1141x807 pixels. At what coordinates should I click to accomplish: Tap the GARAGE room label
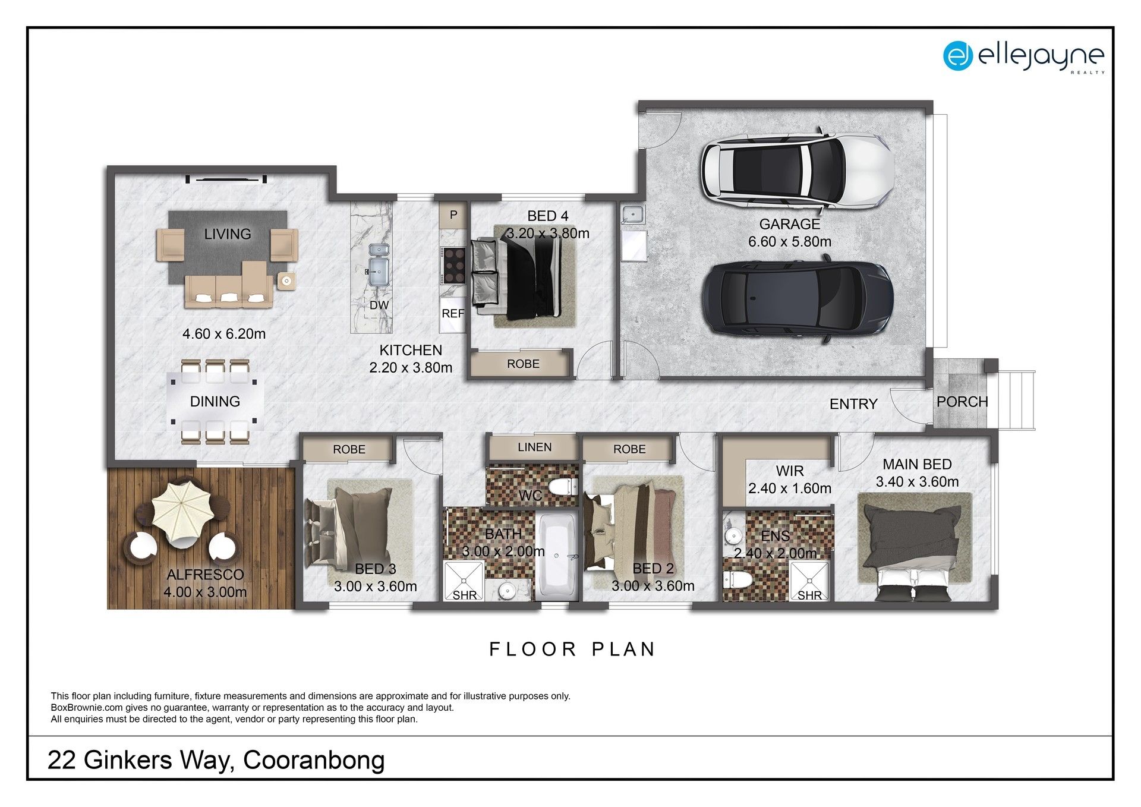789,224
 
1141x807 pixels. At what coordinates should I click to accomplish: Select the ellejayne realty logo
1023,56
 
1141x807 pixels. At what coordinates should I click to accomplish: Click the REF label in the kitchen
453,313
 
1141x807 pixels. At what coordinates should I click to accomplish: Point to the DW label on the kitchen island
379,305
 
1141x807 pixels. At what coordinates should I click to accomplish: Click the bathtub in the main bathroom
556,556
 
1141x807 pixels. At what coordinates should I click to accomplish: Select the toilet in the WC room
562,487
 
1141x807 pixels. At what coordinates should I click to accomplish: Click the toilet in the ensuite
737,578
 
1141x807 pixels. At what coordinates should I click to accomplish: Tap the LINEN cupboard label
534,447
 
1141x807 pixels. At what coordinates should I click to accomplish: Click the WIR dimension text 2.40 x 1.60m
789,488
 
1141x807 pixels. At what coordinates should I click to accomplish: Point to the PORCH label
962,402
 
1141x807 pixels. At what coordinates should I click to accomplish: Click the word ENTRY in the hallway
853,404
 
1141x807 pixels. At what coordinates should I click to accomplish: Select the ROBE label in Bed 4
523,364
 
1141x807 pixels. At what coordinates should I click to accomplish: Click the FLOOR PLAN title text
572,650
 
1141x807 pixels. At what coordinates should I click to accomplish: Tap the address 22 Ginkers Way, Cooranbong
216,760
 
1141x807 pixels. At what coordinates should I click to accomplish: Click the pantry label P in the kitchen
453,215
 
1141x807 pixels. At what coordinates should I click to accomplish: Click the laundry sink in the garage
633,214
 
